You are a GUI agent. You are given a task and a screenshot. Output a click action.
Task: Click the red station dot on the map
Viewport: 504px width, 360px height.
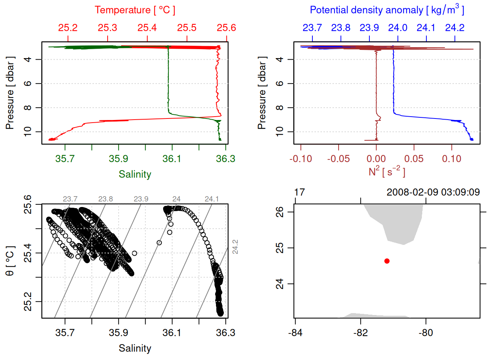[x=387, y=261]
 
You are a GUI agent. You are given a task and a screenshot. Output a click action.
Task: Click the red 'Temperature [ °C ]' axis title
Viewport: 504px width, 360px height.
[x=135, y=10]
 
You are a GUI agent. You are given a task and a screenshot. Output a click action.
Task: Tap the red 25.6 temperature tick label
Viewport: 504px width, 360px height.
[x=226, y=28]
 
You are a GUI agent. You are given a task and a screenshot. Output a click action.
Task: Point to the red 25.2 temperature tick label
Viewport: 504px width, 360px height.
[x=68, y=28]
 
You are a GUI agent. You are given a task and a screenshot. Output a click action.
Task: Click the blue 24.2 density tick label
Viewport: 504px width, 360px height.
[x=454, y=28]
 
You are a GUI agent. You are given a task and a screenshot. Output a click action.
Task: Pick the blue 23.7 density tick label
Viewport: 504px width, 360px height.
[x=312, y=28]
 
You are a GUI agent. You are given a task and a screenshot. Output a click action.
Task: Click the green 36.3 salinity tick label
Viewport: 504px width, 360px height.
[x=225, y=159]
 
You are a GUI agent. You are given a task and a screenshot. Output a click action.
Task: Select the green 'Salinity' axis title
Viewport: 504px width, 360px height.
[x=135, y=174]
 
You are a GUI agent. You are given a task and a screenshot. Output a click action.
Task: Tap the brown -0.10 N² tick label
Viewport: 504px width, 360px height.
[x=301, y=159]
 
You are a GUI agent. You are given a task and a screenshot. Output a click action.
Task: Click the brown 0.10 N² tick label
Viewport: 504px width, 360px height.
[x=451, y=159]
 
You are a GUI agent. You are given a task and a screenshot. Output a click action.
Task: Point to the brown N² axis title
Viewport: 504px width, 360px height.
[x=387, y=172]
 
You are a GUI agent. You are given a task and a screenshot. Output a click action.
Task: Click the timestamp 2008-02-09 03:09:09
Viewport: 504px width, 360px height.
[x=433, y=192]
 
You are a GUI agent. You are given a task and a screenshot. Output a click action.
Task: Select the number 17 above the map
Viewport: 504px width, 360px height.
[x=299, y=192]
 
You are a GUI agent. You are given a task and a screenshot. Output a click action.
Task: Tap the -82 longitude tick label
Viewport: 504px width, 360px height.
[x=360, y=333]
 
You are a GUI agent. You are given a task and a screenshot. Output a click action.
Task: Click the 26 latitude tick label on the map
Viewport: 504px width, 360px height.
[x=280, y=212]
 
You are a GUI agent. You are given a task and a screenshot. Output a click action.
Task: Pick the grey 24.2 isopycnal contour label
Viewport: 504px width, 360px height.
[x=235, y=247]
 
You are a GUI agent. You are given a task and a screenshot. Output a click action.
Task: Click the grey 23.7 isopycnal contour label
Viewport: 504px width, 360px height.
[x=70, y=199]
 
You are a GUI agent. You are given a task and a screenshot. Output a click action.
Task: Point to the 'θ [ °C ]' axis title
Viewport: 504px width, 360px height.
[x=10, y=261]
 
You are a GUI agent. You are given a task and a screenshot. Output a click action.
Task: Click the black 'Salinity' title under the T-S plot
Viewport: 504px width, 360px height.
[x=135, y=348]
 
